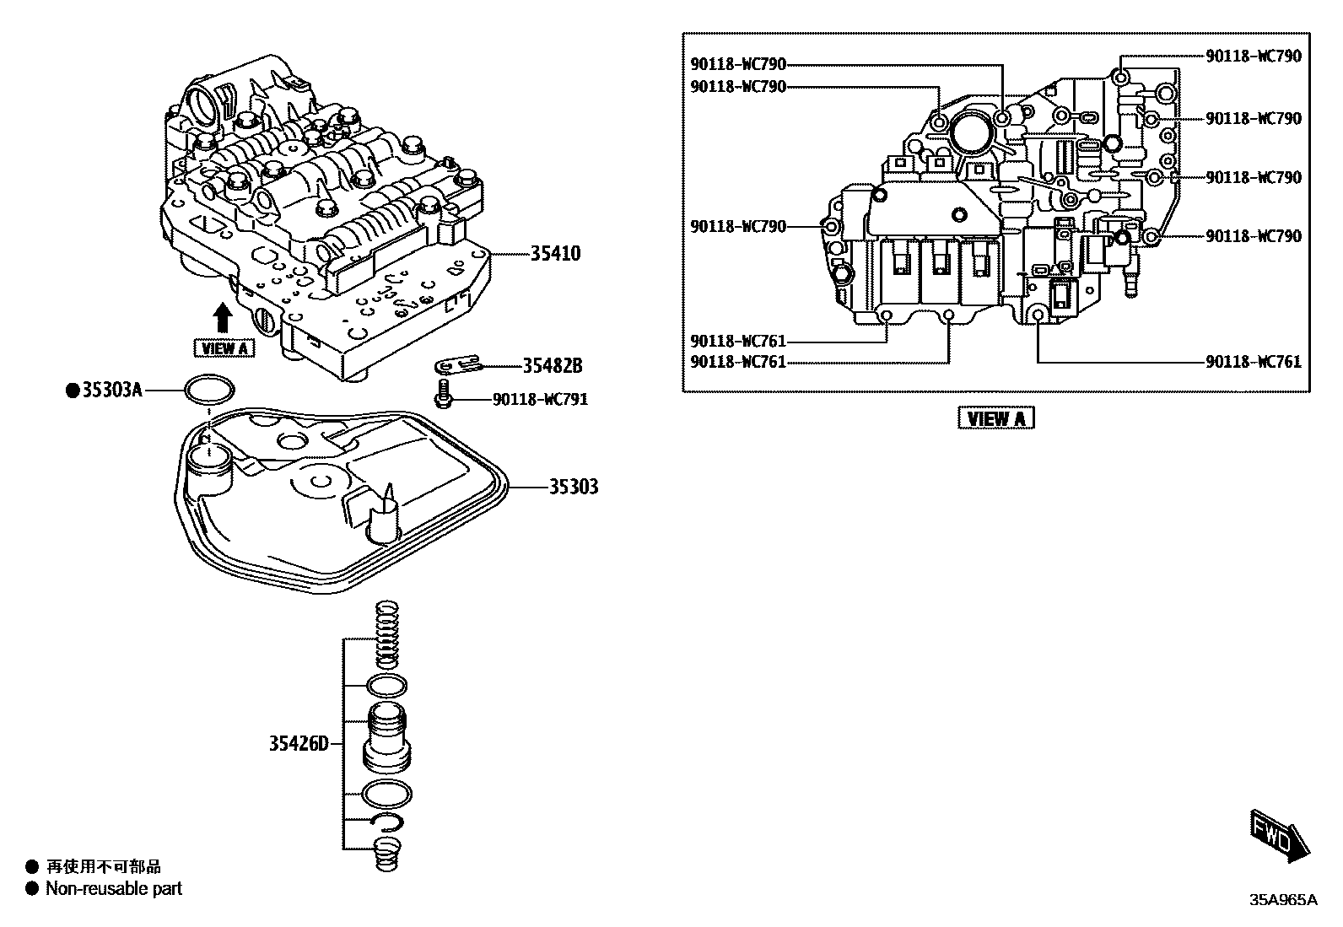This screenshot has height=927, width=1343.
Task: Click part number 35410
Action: [555, 253]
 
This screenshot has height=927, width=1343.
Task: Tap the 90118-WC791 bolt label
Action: [540, 398]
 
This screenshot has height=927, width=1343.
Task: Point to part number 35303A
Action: [112, 390]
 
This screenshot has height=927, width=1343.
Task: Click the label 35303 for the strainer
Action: [574, 487]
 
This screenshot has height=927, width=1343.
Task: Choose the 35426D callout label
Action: [299, 744]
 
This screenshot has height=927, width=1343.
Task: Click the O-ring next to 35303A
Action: [209, 391]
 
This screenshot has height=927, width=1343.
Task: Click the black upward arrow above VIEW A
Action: [223, 319]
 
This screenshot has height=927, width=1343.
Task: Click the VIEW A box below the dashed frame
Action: [995, 418]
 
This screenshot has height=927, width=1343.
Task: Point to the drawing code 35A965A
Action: [1282, 900]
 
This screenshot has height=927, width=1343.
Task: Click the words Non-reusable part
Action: [114, 888]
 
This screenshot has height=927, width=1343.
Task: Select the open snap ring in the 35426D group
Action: [386, 822]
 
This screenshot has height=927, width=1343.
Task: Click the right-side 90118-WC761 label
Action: [1253, 361]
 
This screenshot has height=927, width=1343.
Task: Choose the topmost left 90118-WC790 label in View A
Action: [738, 64]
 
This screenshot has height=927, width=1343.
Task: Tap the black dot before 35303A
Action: [73, 390]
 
